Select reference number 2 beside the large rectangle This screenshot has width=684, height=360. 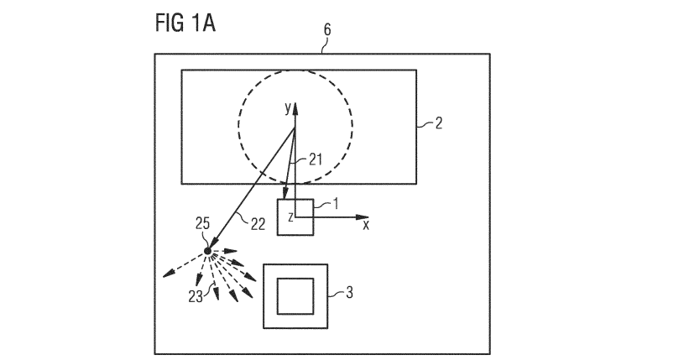click(438, 124)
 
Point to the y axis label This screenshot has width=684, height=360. click(287, 107)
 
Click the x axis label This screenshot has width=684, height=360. click(366, 226)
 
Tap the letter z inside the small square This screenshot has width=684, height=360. click(290, 217)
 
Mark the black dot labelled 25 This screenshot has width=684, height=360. click(208, 250)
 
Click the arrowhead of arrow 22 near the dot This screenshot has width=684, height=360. click(212, 244)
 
